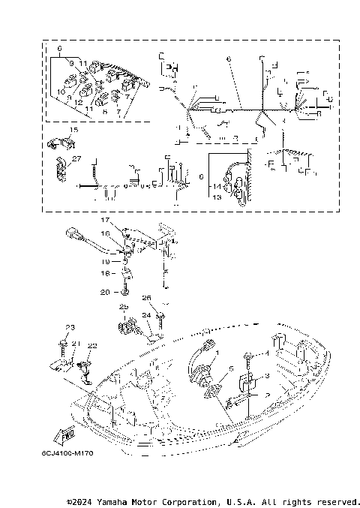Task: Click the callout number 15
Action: [x=73, y=131]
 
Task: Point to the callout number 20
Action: [x=105, y=291]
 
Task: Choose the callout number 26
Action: [x=147, y=298]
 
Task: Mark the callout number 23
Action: [x=71, y=327]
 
